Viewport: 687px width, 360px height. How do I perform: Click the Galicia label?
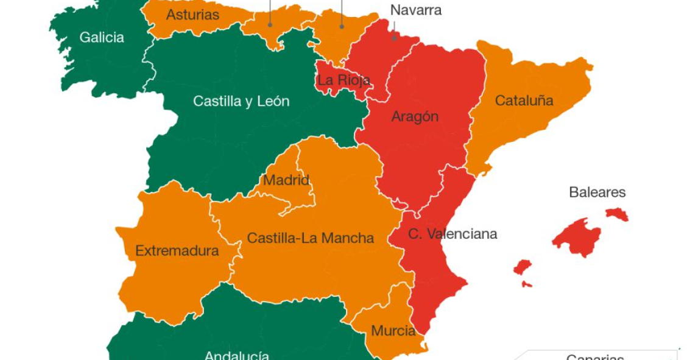(102, 38)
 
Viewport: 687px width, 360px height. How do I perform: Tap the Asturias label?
(192, 15)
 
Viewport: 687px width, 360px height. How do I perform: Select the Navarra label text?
(416, 10)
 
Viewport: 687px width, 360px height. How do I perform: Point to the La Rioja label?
(343, 80)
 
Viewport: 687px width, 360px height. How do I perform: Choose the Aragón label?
(415, 116)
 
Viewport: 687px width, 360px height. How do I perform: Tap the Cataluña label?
(524, 101)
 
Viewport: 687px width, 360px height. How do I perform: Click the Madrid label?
(286, 180)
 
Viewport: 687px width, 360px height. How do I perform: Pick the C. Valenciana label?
(453, 234)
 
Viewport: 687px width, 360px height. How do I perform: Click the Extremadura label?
(177, 250)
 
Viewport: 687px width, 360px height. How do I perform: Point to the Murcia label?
(393, 331)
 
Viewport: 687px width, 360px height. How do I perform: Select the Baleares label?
(597, 192)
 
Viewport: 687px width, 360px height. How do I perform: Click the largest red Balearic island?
(576, 236)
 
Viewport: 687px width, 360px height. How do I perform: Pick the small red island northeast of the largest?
(616, 214)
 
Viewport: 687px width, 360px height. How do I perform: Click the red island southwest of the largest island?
(522, 267)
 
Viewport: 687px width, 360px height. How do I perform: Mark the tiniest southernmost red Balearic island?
(527, 284)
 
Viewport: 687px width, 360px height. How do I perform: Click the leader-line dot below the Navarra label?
(393, 38)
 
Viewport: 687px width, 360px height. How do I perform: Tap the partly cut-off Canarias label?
(595, 356)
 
